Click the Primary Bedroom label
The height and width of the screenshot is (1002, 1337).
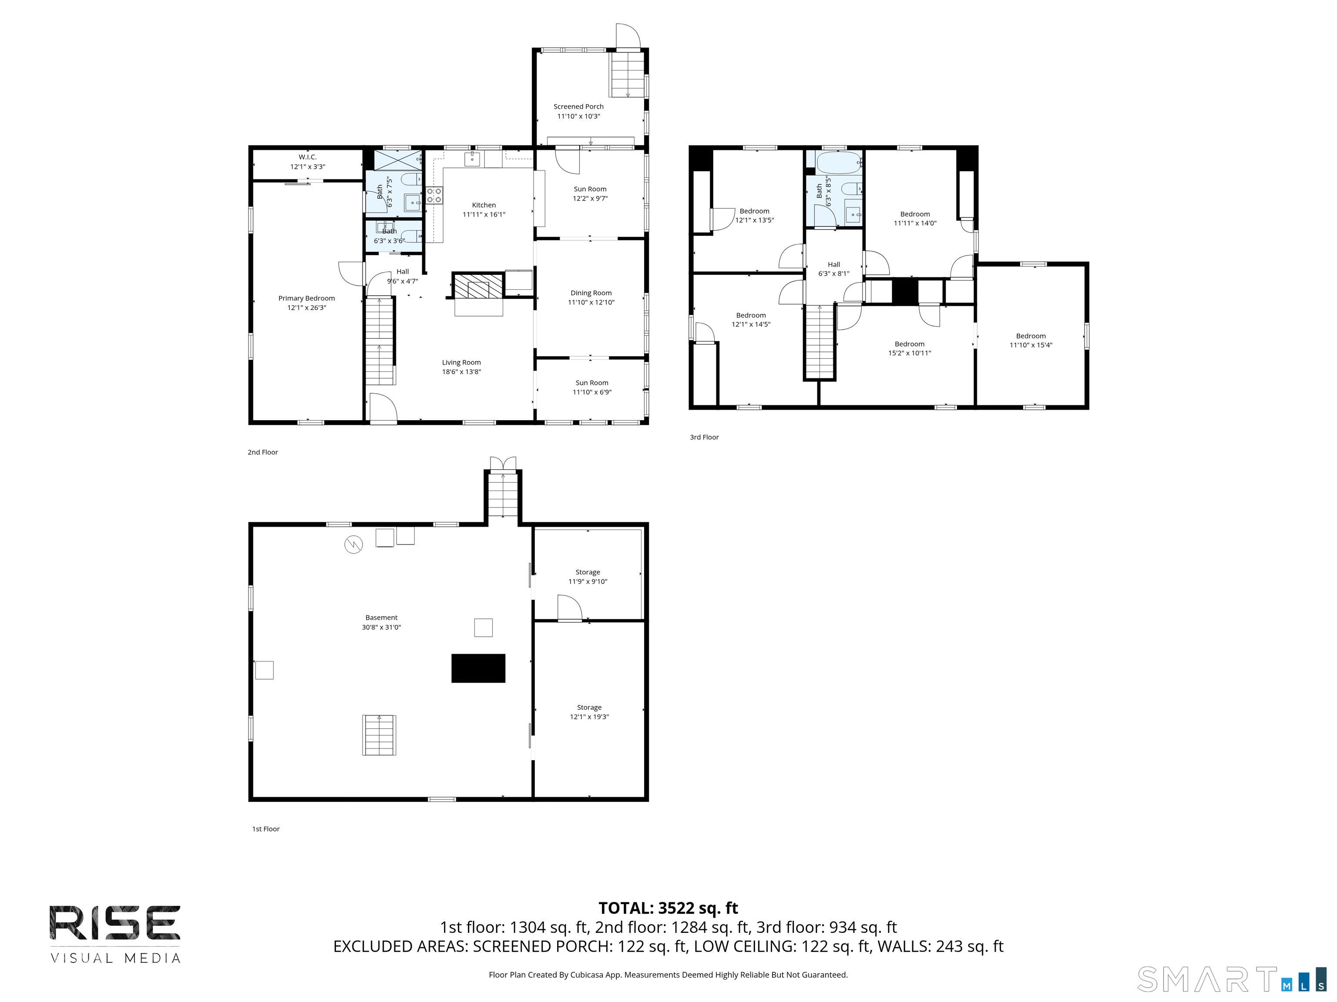(x=306, y=298)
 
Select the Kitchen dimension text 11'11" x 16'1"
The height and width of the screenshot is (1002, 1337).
(x=484, y=214)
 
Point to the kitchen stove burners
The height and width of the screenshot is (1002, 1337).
(x=434, y=195)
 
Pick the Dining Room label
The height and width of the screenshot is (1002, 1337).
(x=591, y=293)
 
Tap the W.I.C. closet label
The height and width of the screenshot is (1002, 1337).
(x=308, y=157)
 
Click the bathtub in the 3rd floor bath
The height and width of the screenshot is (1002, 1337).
(x=838, y=163)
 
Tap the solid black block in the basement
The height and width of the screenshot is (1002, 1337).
(x=478, y=668)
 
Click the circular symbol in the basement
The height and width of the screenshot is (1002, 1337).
(x=353, y=545)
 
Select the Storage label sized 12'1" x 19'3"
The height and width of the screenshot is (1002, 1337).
(x=589, y=707)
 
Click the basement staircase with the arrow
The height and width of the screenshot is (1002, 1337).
(x=379, y=735)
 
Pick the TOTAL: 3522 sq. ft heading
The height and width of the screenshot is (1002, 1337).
(x=668, y=908)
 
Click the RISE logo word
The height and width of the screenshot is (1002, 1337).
(x=115, y=923)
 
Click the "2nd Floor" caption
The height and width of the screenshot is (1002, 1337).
(x=263, y=452)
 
